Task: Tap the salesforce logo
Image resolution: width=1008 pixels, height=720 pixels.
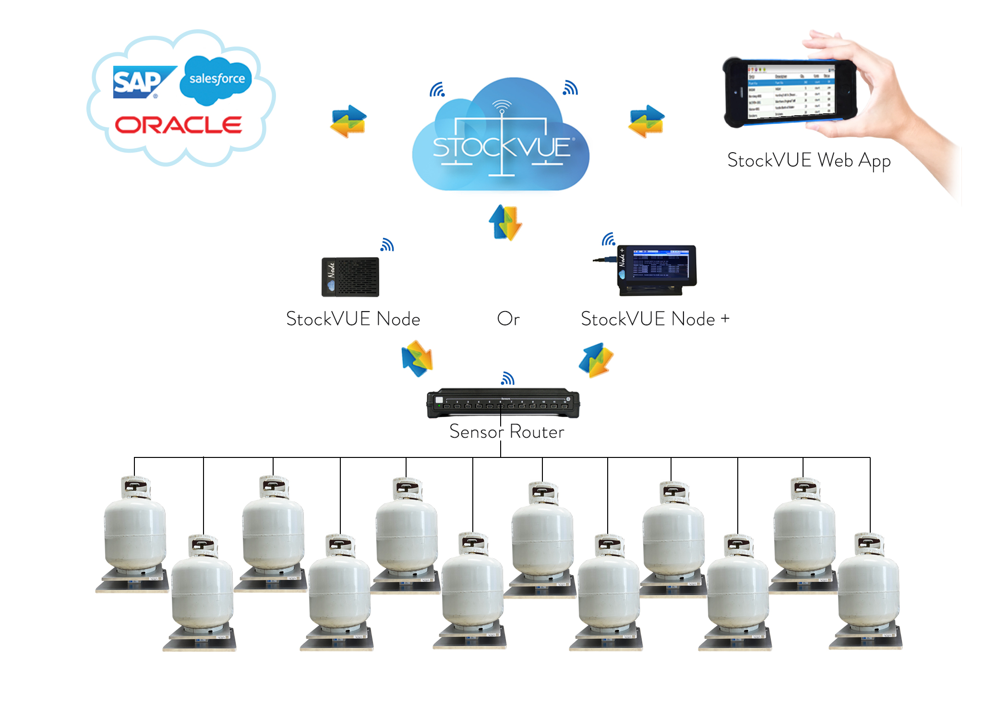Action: pos(216,79)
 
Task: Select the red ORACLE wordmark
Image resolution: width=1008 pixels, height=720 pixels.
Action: pos(178,125)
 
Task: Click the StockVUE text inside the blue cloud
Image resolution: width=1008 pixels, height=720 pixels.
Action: pos(502,147)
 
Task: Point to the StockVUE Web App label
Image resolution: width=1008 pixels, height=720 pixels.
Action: pos(809,160)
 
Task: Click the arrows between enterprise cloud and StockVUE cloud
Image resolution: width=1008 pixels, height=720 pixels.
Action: pos(348,121)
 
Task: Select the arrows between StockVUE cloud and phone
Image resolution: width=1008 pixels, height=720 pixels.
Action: pos(647,121)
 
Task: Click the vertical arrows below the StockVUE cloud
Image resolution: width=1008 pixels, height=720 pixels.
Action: pos(505,222)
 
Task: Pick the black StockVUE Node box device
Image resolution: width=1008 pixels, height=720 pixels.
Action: pos(350,277)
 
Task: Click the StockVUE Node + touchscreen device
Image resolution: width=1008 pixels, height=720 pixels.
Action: pos(657,270)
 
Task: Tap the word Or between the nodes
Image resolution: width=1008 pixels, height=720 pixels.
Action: pos(508,319)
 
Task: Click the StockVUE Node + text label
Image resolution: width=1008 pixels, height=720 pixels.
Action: pos(655,319)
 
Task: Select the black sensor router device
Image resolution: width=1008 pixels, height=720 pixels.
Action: pos(503,403)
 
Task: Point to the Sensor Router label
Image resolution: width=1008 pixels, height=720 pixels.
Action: pos(506,432)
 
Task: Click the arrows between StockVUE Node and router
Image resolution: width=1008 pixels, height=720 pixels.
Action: pos(417,359)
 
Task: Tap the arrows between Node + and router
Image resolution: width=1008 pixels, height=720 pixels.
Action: pos(596,360)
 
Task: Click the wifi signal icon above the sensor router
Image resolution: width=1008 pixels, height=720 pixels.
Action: pos(507,379)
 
